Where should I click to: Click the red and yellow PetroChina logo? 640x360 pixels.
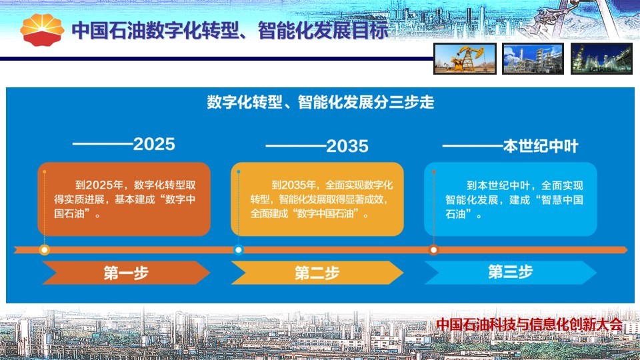[x=42, y=29]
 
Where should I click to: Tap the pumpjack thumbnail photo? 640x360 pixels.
[x=465, y=59]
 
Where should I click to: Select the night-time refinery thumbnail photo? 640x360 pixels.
[x=601, y=59]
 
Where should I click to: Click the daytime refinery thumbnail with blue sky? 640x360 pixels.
[x=533, y=59]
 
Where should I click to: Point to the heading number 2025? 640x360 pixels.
[x=154, y=144]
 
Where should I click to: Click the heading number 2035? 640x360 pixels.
[x=347, y=146]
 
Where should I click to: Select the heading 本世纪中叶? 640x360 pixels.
[x=541, y=146]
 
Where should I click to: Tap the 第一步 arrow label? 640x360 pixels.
[x=126, y=273]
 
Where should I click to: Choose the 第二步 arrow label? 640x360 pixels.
[x=317, y=273]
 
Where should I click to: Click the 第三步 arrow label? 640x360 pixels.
[x=510, y=272]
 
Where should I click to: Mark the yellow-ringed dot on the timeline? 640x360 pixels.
[x=45, y=250]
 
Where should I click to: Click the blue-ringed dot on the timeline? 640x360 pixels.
[x=239, y=250]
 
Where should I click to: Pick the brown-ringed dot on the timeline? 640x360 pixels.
[x=433, y=250]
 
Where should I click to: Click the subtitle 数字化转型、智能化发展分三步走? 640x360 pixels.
[x=321, y=102]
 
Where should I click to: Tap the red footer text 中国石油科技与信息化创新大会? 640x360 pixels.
[x=529, y=325]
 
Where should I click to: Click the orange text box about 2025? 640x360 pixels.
[x=124, y=199]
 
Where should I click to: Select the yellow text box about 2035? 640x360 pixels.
[x=317, y=199]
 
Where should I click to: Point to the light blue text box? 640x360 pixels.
[x=511, y=199]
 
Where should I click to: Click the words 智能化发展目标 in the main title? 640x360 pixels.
[x=323, y=31]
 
